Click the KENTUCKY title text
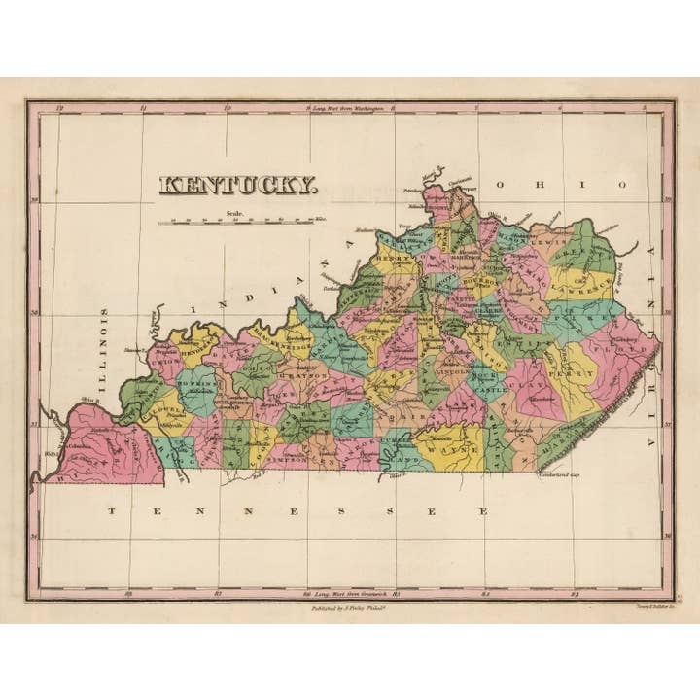(x=237, y=185)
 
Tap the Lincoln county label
(x=454, y=372)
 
